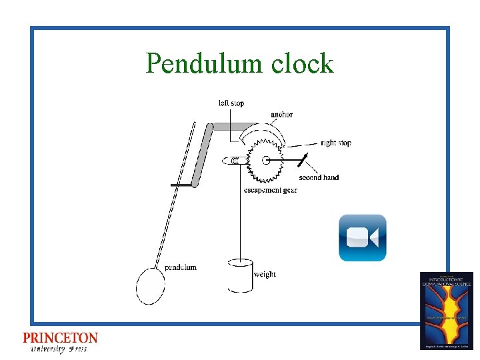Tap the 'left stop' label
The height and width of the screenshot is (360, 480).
(231, 103)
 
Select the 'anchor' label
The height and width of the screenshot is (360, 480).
(281, 115)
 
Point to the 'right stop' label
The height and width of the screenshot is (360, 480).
(335, 143)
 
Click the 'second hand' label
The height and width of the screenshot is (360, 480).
(319, 177)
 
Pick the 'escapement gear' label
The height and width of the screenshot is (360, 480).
(270, 191)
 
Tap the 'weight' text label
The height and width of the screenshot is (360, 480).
(265, 274)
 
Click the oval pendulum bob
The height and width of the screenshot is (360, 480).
(150, 286)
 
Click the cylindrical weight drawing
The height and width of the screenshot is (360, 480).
(241, 275)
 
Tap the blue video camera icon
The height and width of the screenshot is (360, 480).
(362, 237)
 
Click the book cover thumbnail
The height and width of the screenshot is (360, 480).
(446, 310)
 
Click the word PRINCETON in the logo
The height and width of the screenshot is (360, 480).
(60, 339)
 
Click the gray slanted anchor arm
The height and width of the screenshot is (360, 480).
(202, 155)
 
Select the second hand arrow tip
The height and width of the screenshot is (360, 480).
(306, 155)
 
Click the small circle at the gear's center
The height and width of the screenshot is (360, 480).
(267, 160)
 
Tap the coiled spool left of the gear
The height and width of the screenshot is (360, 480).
(237, 160)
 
